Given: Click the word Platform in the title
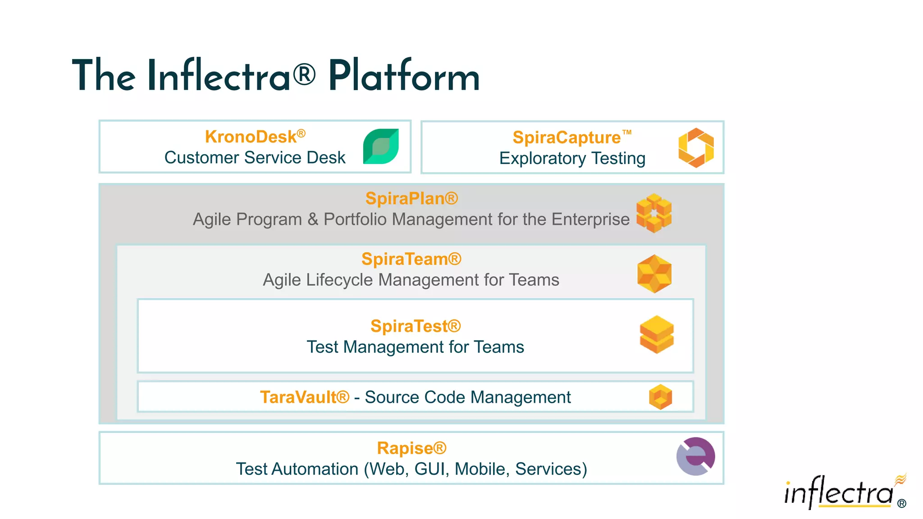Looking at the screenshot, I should coord(403,77).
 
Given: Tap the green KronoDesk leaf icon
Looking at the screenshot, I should coord(381,146).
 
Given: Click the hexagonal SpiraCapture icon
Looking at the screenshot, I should coord(696,147).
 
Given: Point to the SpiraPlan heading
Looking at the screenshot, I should coord(411,199).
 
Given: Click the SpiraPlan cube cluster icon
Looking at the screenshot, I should coord(653,213).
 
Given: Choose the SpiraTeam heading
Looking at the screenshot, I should coord(411,259).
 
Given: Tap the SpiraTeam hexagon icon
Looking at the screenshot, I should coord(654,273).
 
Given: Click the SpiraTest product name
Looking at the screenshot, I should coord(415,326).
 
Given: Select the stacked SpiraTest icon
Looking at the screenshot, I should coord(657,335).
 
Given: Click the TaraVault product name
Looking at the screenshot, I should coord(304,397).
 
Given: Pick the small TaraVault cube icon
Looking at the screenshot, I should coord(660,397).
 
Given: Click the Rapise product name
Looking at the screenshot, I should coord(411,448).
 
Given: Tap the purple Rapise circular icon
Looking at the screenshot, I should coord(695,456).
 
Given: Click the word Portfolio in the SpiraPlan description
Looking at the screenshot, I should coord(356,219).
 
